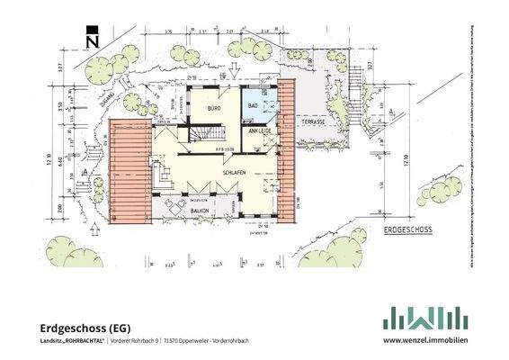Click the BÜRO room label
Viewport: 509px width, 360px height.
(x=214, y=109)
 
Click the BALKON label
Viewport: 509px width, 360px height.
(x=200, y=210)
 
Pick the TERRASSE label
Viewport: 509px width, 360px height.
(x=314, y=120)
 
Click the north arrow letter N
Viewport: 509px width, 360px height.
(x=91, y=40)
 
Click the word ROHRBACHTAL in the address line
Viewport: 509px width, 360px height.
(x=85, y=342)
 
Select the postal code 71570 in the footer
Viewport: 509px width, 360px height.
(x=174, y=342)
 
